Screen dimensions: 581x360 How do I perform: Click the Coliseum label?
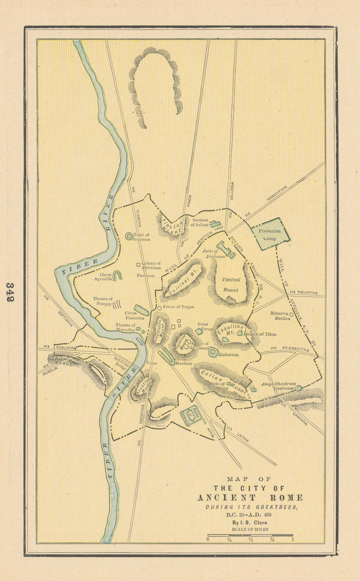228,354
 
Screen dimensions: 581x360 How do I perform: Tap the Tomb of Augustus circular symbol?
129,236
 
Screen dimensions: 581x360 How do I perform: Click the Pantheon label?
146,276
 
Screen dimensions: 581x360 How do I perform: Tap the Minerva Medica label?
280,316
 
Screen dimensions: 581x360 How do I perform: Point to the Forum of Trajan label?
178,307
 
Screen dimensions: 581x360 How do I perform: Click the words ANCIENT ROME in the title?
250,497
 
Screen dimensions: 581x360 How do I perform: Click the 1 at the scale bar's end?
292,539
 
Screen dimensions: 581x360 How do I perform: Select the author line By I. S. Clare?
250,523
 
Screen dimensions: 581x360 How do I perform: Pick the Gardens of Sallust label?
200,222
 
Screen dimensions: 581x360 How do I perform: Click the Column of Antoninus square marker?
138,265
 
